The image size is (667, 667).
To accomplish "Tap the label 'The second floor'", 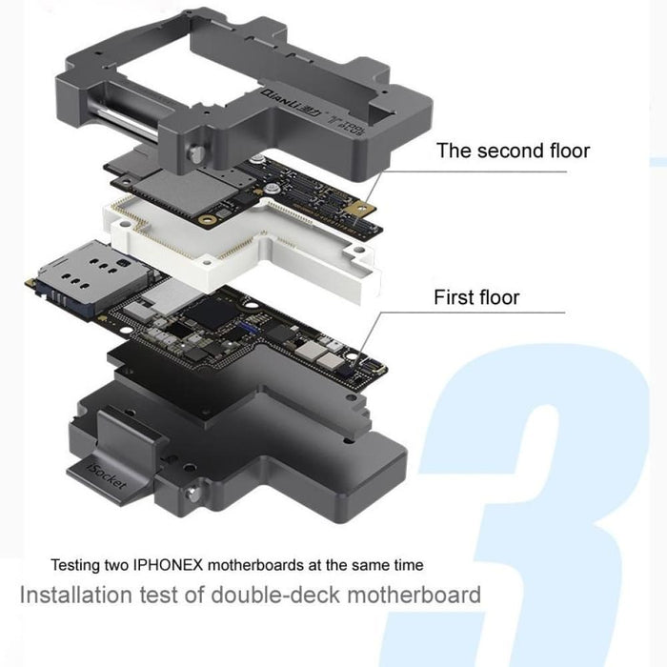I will [513, 151].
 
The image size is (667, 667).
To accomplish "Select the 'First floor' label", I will [476, 297].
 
